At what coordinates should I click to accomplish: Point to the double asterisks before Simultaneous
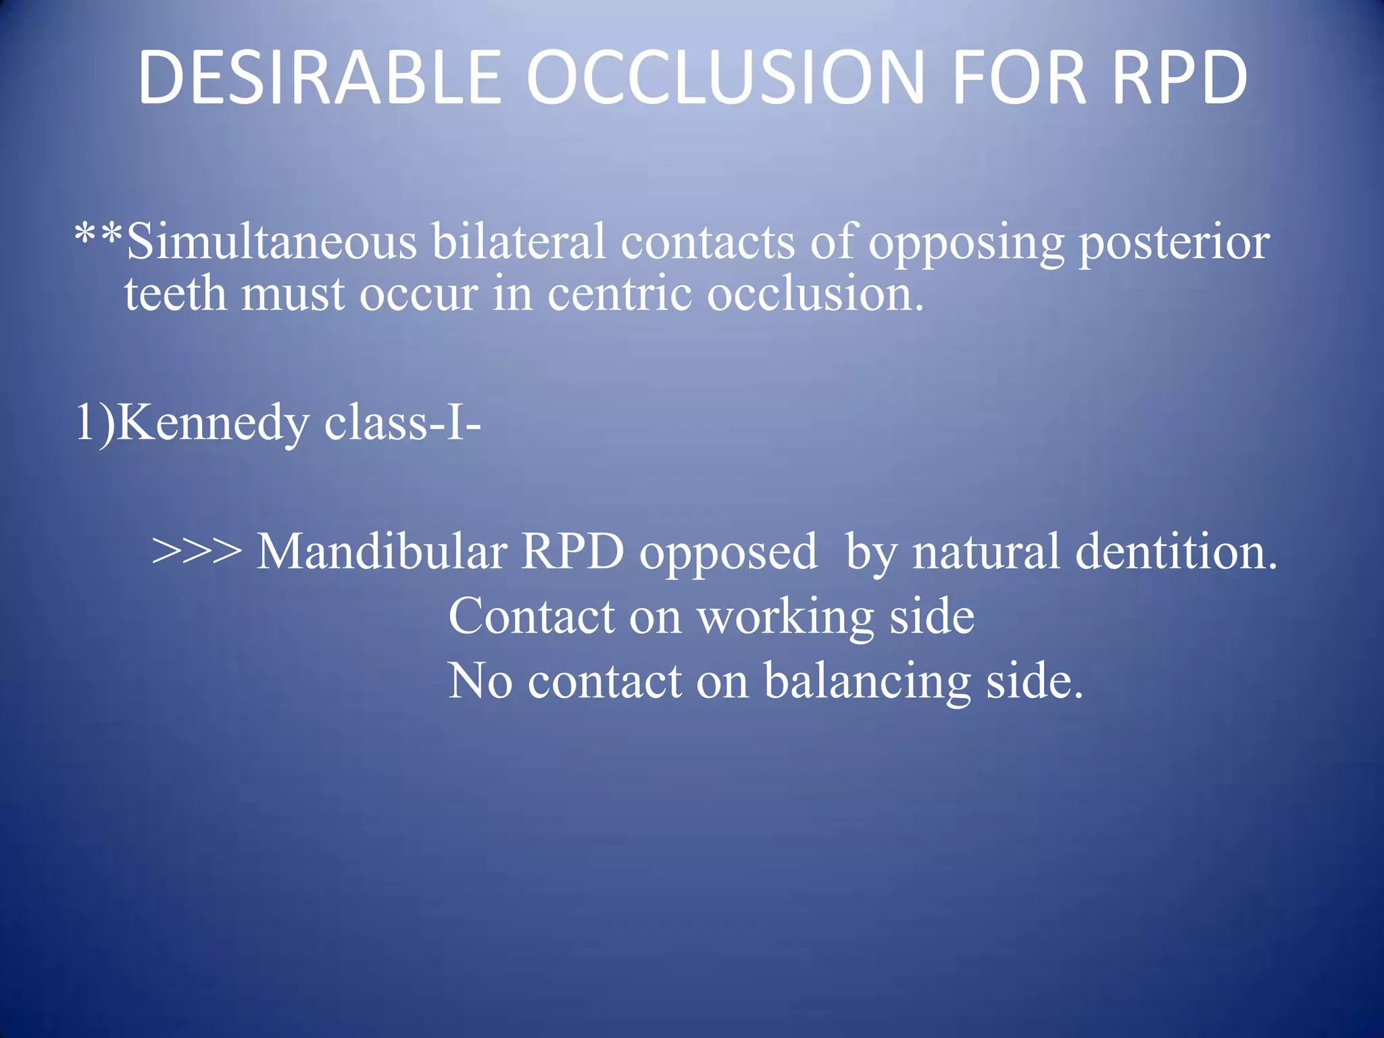tap(99, 237)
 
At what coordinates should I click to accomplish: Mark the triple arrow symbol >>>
tap(197, 551)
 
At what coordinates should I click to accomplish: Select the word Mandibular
tap(382, 551)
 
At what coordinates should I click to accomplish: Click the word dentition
tap(1176, 551)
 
